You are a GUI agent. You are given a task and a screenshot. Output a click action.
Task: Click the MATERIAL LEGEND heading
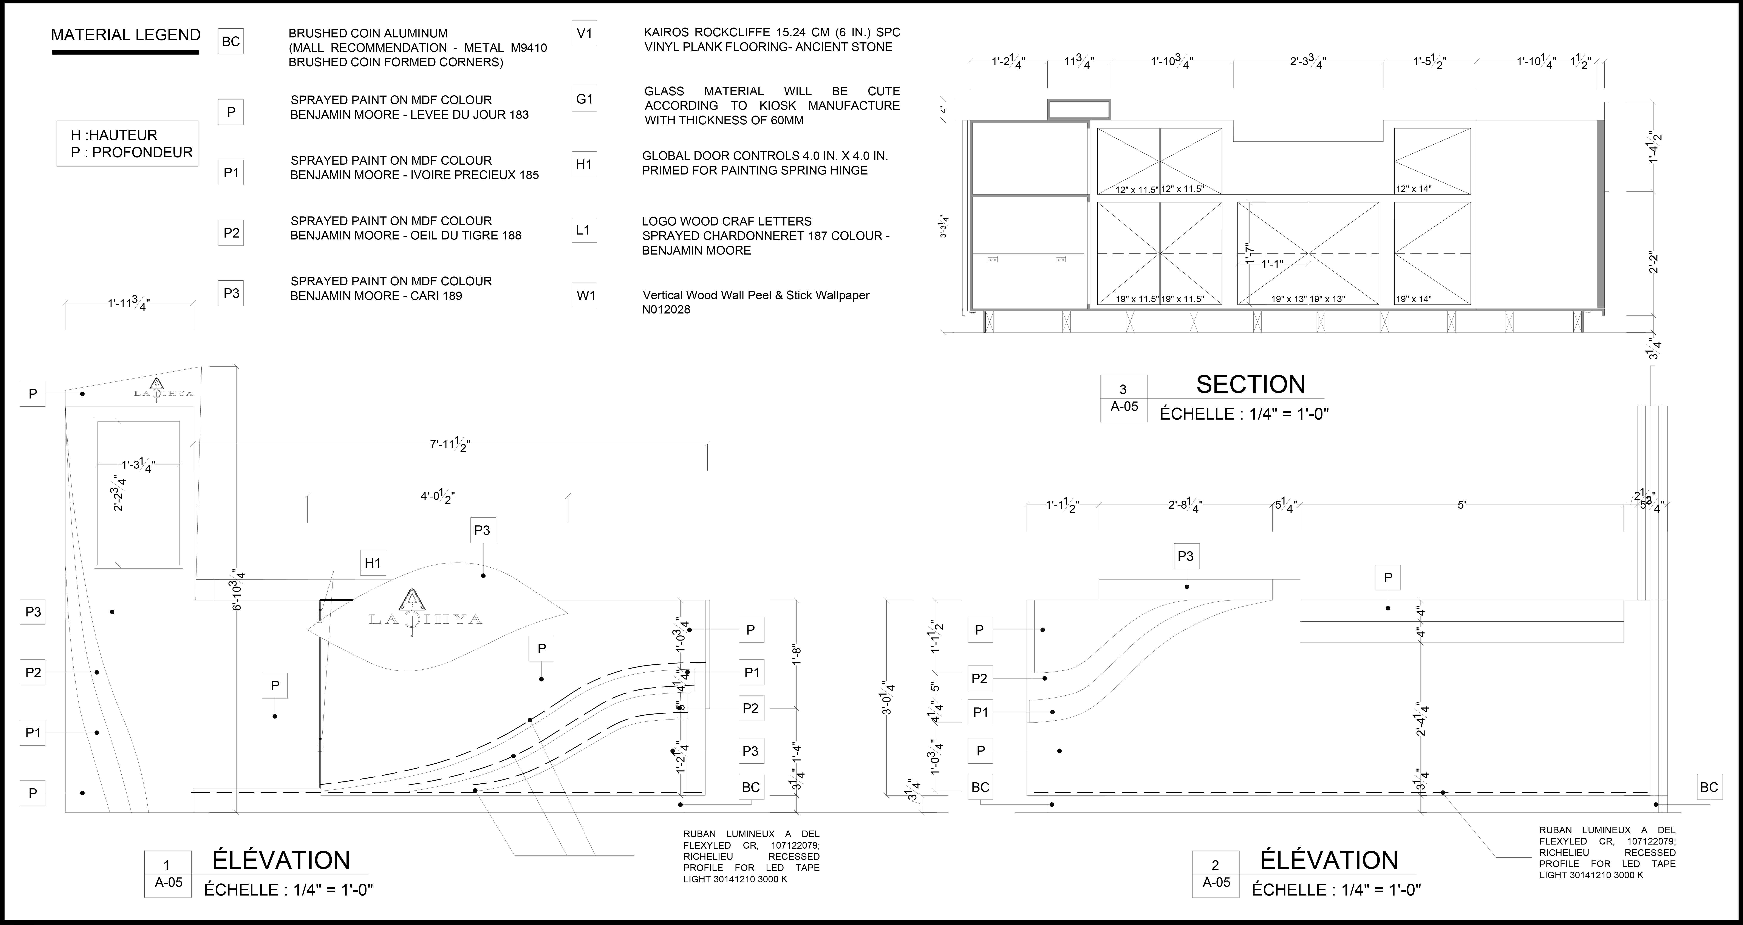click(x=126, y=35)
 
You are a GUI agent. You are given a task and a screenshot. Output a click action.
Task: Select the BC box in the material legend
click(x=231, y=41)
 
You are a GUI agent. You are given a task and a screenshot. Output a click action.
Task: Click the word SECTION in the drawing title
click(x=1250, y=384)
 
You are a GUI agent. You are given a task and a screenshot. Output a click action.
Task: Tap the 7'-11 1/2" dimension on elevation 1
click(x=450, y=445)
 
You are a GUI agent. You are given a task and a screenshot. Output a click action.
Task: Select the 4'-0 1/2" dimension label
click(x=437, y=497)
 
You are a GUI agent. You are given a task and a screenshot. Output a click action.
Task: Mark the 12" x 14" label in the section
click(x=1414, y=189)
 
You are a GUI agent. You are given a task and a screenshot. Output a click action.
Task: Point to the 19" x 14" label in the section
click(x=1414, y=298)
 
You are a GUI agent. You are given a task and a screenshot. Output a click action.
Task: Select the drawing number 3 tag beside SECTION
click(x=1123, y=389)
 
